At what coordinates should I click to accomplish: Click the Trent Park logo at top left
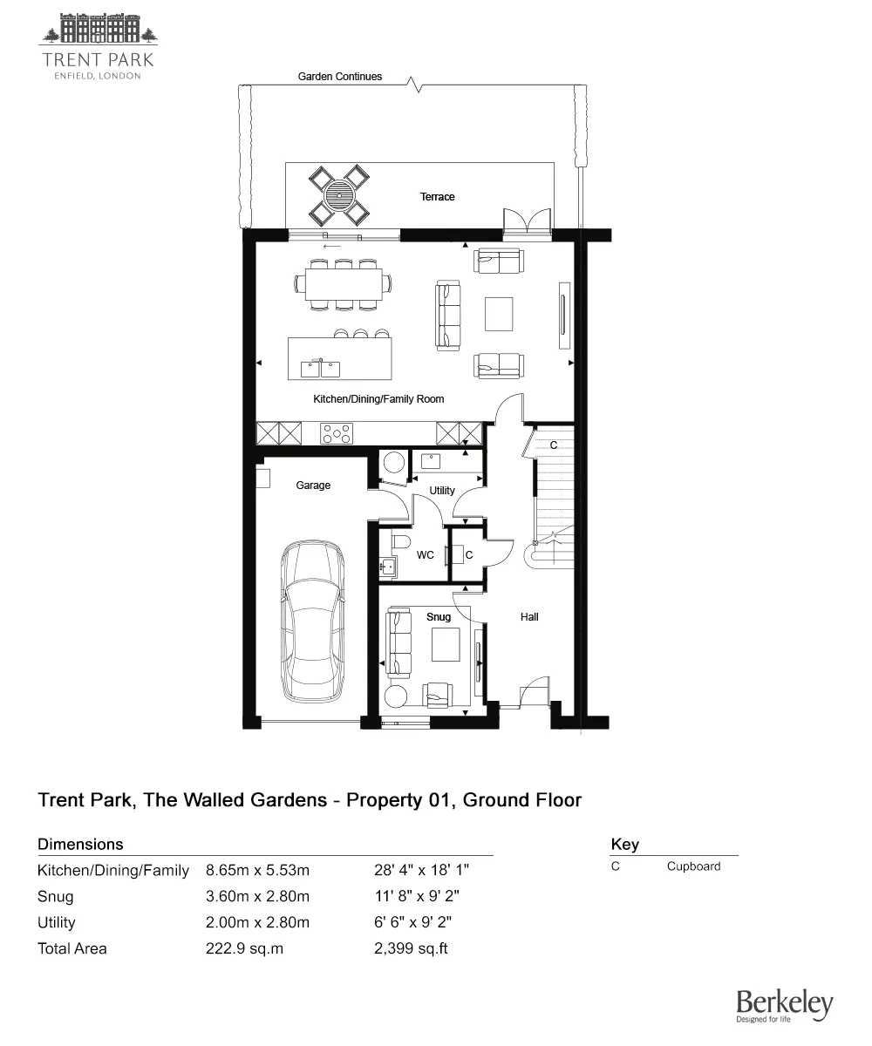[98, 45]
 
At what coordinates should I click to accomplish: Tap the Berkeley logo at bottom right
[784, 1006]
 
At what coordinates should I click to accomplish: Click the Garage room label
[313, 486]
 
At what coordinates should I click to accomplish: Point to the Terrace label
[438, 197]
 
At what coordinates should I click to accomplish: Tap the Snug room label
[439, 617]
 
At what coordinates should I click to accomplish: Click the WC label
[426, 555]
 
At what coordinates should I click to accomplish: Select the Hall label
[529, 617]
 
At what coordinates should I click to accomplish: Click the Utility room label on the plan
[442, 491]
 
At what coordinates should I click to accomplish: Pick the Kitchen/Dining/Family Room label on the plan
[378, 399]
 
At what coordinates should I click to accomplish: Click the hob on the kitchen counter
[337, 432]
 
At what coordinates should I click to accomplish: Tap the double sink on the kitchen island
[320, 369]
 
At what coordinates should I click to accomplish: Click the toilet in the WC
[401, 543]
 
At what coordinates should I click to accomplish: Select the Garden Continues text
[340, 77]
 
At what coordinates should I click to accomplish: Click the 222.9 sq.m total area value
[244, 948]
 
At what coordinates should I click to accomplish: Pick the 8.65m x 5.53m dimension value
[257, 870]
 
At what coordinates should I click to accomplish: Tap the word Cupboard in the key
[694, 866]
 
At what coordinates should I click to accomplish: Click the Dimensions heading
[80, 844]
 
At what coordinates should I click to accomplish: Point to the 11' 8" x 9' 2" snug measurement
[412, 896]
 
